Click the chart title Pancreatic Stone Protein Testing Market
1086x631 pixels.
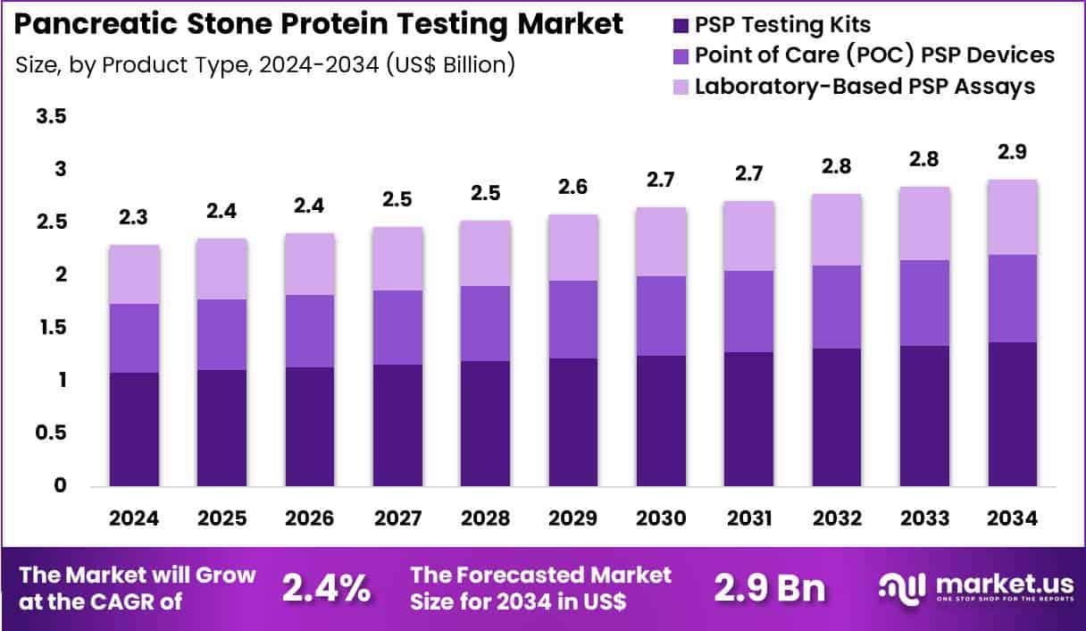[319, 25]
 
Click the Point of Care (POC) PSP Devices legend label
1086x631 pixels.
[874, 55]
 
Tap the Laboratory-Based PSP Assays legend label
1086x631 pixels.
[865, 86]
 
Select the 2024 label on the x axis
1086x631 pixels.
[134, 519]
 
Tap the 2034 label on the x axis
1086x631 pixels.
[1012, 519]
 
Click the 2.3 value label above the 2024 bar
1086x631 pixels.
[134, 217]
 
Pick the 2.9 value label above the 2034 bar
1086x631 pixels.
[1012, 152]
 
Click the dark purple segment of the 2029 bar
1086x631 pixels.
[572, 422]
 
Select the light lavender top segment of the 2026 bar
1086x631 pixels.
[310, 264]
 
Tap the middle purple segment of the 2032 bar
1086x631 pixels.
[836, 307]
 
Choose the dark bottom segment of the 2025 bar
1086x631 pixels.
[221, 428]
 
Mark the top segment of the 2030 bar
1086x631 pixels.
[661, 241]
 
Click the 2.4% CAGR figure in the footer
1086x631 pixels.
[326, 587]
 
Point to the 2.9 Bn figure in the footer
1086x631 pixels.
[769, 587]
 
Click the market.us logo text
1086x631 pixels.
[1005, 584]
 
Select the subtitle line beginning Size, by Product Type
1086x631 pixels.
[265, 65]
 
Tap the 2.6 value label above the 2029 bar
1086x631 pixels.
[572, 187]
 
